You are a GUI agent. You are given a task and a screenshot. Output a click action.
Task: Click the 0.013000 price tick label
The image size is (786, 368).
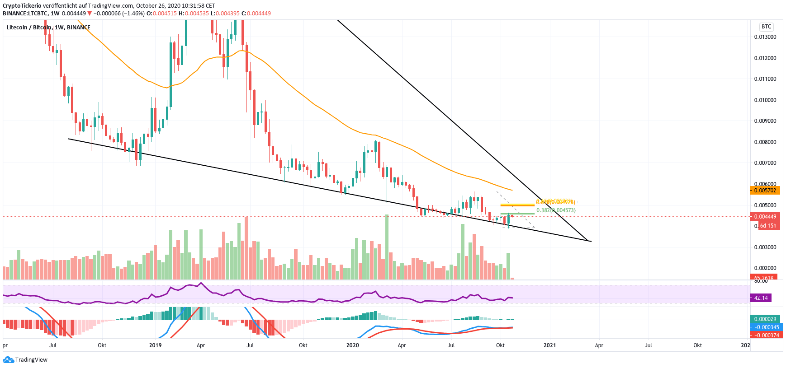(765, 37)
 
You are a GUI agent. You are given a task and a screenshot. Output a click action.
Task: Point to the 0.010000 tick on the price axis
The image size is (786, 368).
(765, 100)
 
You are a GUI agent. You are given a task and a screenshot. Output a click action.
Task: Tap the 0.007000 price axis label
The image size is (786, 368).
(765, 163)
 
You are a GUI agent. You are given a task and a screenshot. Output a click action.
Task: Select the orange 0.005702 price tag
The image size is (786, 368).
(765, 191)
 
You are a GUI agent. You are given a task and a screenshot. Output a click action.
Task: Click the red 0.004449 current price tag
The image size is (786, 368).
(765, 217)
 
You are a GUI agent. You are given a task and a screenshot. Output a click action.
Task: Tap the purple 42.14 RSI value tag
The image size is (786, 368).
(761, 298)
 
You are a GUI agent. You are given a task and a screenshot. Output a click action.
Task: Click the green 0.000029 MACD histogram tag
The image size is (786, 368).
(765, 319)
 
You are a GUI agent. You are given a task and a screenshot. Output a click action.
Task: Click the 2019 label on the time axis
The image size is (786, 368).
(155, 345)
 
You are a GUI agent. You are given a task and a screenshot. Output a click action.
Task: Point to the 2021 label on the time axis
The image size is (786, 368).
(549, 345)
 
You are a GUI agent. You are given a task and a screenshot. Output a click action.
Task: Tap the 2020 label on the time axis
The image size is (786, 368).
(352, 345)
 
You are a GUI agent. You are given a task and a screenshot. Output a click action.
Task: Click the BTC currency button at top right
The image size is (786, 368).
(766, 27)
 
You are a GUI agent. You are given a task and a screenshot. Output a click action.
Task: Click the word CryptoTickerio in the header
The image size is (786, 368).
(22, 6)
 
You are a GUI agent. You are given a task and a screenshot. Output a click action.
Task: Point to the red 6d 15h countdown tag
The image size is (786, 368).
(767, 226)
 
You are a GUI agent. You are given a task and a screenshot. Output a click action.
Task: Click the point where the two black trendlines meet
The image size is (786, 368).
(591, 241)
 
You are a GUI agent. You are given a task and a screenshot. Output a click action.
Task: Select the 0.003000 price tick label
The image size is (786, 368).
(765, 247)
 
